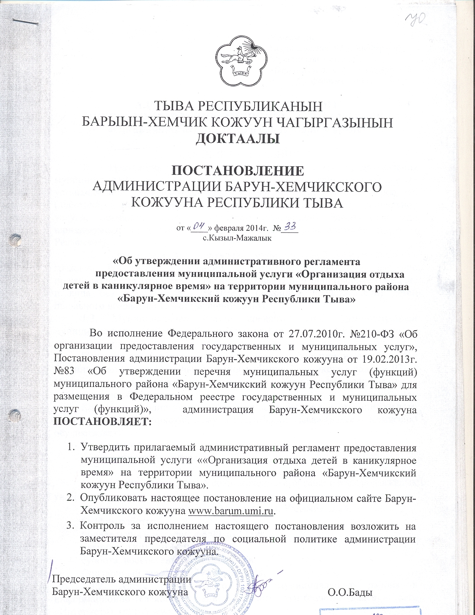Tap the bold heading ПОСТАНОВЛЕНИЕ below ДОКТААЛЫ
point(237,170)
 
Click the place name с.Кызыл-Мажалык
point(237,238)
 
